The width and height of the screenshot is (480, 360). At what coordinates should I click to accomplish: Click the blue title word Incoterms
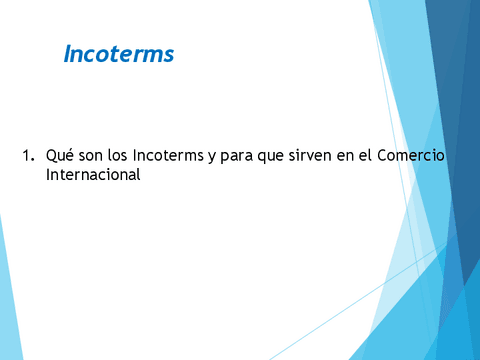pyautogui.click(x=118, y=53)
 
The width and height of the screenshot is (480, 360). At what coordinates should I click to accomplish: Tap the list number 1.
pyautogui.click(x=26, y=157)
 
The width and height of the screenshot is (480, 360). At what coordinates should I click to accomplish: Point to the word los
pyautogui.click(x=116, y=157)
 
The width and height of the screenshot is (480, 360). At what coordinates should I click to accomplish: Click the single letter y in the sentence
pyautogui.click(x=208, y=158)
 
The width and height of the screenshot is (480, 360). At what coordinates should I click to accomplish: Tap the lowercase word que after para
pyautogui.click(x=271, y=158)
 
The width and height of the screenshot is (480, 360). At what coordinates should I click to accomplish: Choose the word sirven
pyautogui.click(x=309, y=157)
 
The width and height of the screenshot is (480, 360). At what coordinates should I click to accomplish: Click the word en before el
pyautogui.click(x=345, y=158)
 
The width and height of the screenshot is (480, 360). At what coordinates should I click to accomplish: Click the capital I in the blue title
pyautogui.click(x=67, y=53)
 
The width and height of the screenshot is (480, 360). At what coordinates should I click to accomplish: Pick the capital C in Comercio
pyautogui.click(x=383, y=157)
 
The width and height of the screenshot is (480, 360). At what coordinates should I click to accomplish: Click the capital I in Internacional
pyautogui.click(x=49, y=175)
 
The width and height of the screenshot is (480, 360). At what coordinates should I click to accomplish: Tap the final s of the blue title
pyautogui.click(x=169, y=55)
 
